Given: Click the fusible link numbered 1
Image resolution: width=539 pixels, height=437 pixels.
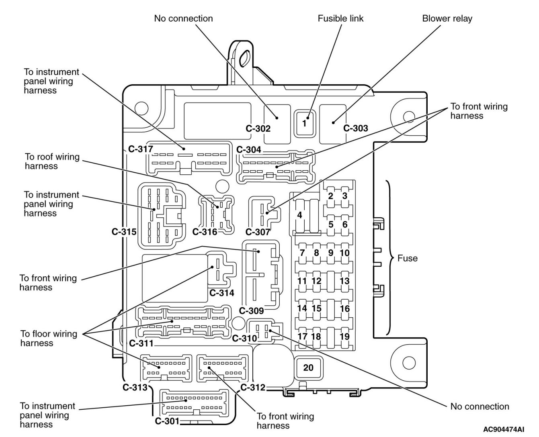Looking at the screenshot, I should [304, 123].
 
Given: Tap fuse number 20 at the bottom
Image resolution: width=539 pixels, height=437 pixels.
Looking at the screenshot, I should [308, 367].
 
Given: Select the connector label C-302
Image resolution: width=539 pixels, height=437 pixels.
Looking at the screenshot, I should [258, 129].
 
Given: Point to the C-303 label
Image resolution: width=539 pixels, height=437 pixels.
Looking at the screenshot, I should [356, 128].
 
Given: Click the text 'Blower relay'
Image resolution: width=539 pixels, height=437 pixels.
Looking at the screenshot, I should [447, 18].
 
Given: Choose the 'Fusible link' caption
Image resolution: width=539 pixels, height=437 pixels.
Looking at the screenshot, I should [340, 18].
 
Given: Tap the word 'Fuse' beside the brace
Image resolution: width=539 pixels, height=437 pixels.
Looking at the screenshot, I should [407, 258].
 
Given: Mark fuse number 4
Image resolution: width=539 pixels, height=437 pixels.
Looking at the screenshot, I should [299, 215].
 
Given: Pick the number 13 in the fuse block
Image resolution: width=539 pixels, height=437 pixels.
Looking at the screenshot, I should [344, 281].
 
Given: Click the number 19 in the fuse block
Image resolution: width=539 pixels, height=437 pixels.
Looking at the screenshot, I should [344, 337].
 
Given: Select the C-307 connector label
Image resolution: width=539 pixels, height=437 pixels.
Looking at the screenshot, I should [258, 232].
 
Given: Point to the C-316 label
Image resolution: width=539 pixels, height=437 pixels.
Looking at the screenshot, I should [205, 232].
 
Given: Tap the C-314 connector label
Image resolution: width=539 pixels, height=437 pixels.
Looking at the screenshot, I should [221, 293].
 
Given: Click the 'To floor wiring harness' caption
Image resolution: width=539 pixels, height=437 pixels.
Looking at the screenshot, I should [48, 338].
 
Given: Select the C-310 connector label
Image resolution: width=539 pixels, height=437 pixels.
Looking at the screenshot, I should [244, 338].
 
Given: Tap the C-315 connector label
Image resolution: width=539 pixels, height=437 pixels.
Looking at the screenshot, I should [124, 232].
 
